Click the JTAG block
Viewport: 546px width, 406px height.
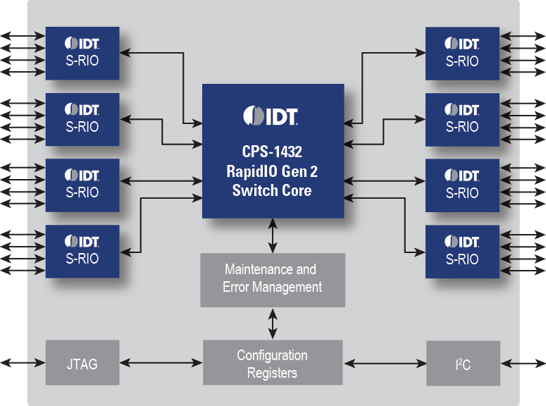pyautogui.click(x=82, y=363)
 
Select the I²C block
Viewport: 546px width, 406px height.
pyautogui.click(x=463, y=363)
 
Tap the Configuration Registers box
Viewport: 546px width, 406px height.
pyautogui.click(x=273, y=363)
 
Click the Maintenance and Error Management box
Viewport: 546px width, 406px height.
pyautogui.click(x=273, y=278)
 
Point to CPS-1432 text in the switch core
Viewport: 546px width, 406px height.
pyautogui.click(x=273, y=152)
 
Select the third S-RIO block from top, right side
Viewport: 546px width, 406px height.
pyautogui.click(x=462, y=184)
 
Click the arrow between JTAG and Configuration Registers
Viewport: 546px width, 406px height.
pyautogui.click(x=160, y=363)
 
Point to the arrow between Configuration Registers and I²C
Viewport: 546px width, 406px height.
pyautogui.click(x=385, y=363)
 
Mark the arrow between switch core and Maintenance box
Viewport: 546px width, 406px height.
pyautogui.click(x=273, y=235)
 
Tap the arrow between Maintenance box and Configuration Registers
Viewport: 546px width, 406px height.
pyautogui.click(x=273, y=324)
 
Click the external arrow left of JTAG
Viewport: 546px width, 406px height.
pyautogui.click(x=23, y=363)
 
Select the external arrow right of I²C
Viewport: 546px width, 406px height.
pyautogui.click(x=523, y=363)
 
